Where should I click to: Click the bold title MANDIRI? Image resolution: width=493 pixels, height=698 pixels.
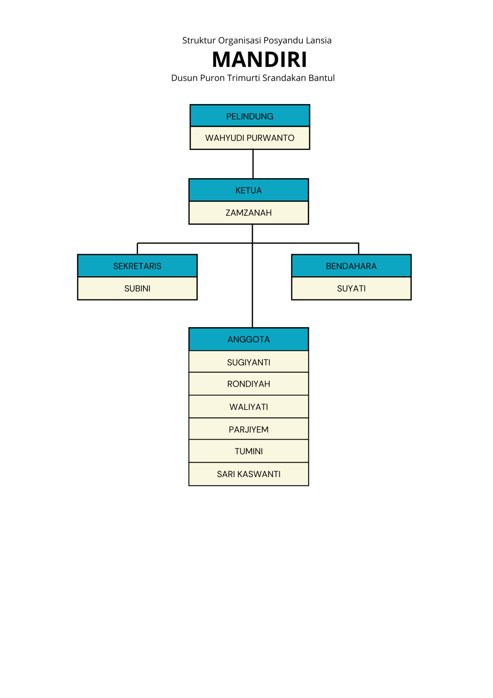pyautogui.click(x=259, y=60)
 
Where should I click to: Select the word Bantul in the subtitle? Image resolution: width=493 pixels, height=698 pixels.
pyautogui.click(x=321, y=78)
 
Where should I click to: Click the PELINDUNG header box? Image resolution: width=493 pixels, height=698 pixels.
pyautogui.click(x=250, y=116)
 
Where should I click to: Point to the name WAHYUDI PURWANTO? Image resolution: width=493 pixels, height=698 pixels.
pyautogui.click(x=250, y=138)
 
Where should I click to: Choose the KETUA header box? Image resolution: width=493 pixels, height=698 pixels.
pyautogui.click(x=248, y=190)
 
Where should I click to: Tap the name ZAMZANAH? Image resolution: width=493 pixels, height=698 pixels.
pyautogui.click(x=248, y=213)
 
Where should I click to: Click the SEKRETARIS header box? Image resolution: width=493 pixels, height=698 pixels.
pyautogui.click(x=137, y=266)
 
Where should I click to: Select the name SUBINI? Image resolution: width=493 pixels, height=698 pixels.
pyautogui.click(x=137, y=289)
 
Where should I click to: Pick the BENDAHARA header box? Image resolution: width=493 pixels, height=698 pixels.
pyautogui.click(x=351, y=266)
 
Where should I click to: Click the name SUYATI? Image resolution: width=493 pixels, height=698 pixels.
pyautogui.click(x=351, y=289)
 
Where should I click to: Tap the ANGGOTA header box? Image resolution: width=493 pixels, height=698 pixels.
pyautogui.click(x=248, y=339)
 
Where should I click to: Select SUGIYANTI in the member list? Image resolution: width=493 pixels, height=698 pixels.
pyautogui.click(x=248, y=362)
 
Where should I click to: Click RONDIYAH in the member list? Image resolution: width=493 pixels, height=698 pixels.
pyautogui.click(x=248, y=384)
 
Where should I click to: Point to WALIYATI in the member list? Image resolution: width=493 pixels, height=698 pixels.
pyautogui.click(x=248, y=407)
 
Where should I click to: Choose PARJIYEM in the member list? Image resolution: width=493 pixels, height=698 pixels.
pyautogui.click(x=248, y=429)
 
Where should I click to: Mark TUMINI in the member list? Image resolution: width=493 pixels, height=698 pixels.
pyautogui.click(x=248, y=451)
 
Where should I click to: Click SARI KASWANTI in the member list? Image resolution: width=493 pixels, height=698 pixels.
pyautogui.click(x=248, y=474)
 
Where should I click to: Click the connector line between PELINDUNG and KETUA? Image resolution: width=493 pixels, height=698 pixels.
pyautogui.click(x=253, y=164)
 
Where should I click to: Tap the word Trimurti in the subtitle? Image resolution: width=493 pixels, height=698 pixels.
pyautogui.click(x=243, y=78)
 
